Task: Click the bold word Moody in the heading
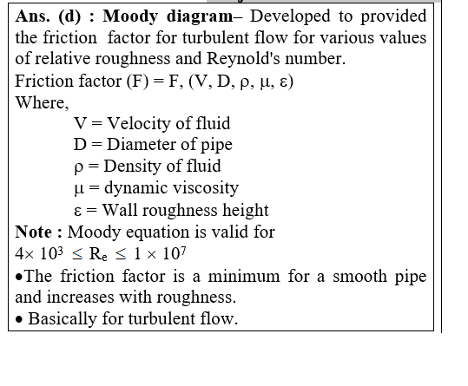click(x=130, y=17)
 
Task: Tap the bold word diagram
click(x=200, y=17)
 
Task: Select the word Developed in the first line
click(x=290, y=16)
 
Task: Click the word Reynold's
click(x=243, y=59)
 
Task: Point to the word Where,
click(x=42, y=102)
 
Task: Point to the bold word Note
click(x=33, y=232)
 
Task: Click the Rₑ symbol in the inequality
click(x=98, y=255)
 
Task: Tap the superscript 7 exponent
click(x=183, y=251)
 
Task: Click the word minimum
click(x=244, y=276)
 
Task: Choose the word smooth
click(x=359, y=276)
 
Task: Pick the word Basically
click(x=63, y=319)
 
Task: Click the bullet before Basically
click(x=19, y=320)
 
